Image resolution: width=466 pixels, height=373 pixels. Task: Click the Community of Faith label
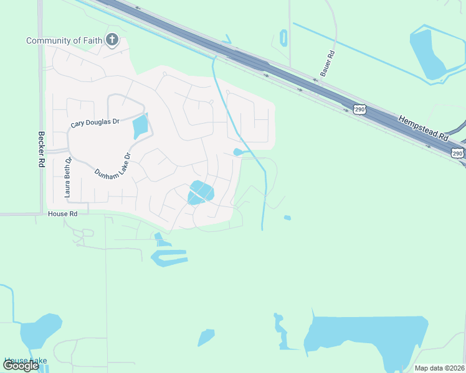(64, 41)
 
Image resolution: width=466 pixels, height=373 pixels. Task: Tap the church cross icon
(112, 40)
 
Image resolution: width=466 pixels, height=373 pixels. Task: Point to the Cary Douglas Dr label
(95, 123)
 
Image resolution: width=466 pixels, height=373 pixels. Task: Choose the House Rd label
(62, 213)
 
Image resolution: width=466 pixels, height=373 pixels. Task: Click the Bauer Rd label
(328, 63)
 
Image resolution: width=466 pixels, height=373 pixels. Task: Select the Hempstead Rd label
(423, 128)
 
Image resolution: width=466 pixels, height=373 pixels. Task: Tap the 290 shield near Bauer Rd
(361, 109)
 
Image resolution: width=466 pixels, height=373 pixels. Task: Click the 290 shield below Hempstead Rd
(458, 153)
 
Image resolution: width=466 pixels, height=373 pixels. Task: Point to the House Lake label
(25, 361)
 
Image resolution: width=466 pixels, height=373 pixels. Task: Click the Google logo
(21, 366)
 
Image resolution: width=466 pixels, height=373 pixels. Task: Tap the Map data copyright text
(440, 368)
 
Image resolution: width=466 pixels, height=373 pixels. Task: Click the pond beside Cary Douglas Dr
(140, 127)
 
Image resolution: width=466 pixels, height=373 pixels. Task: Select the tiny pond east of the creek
(287, 218)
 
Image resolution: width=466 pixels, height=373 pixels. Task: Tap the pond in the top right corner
(430, 53)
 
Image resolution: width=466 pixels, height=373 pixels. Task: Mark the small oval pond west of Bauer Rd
(284, 37)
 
